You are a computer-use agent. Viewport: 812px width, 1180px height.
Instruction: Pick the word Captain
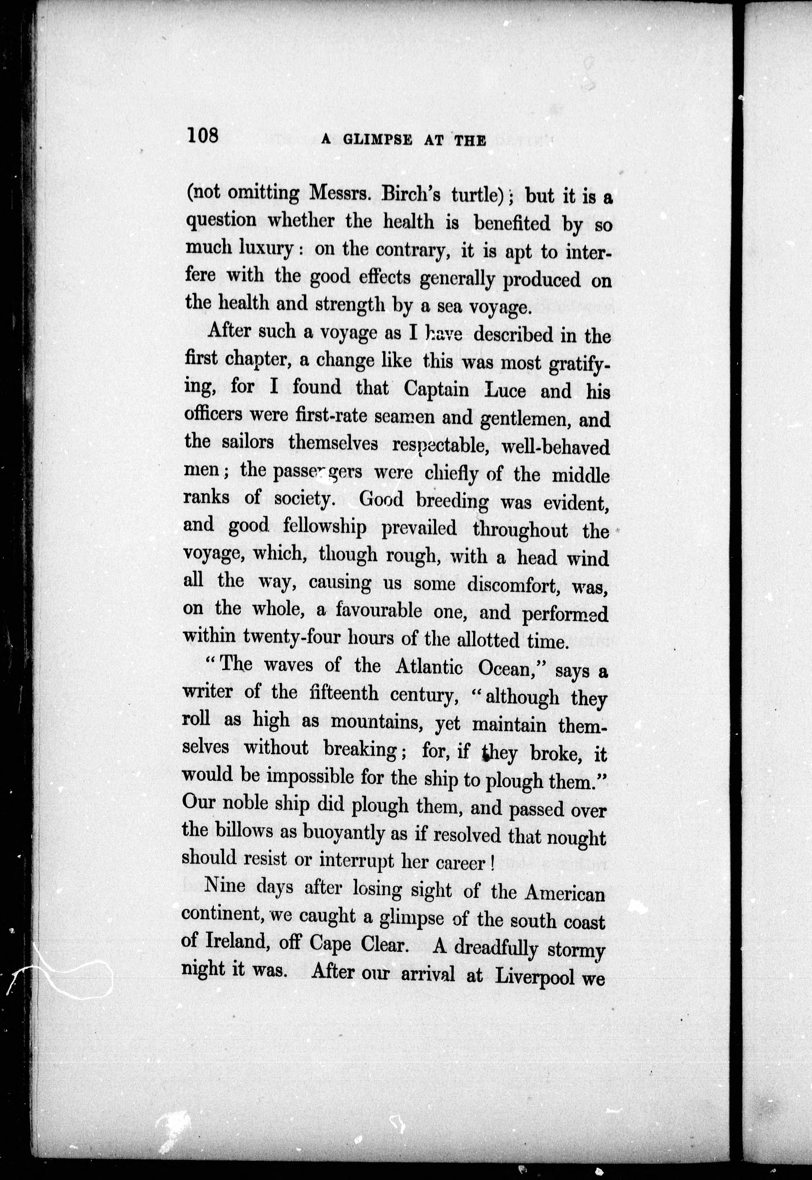436,389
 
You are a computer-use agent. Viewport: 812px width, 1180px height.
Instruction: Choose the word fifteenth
344,693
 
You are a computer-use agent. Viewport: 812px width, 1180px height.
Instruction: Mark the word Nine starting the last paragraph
224,886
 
